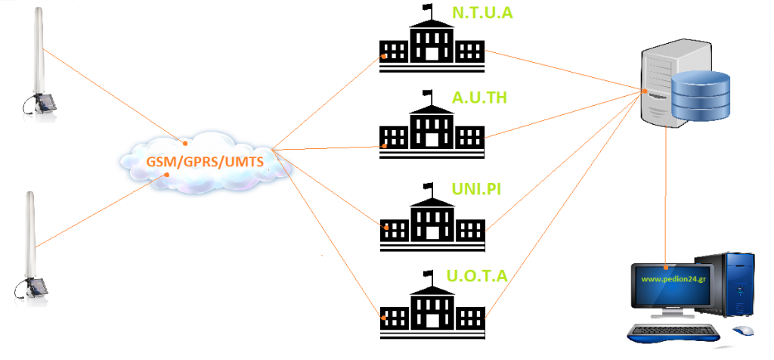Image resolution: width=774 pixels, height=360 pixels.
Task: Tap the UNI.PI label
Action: click(478, 188)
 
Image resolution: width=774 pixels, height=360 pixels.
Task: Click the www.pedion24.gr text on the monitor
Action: click(673, 278)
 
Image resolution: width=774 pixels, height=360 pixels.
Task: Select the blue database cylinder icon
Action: click(701, 97)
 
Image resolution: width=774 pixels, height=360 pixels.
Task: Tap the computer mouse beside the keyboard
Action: click(744, 331)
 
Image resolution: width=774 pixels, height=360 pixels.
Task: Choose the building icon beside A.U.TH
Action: click(431, 130)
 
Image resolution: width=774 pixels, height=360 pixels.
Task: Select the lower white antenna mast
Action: click(33, 234)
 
